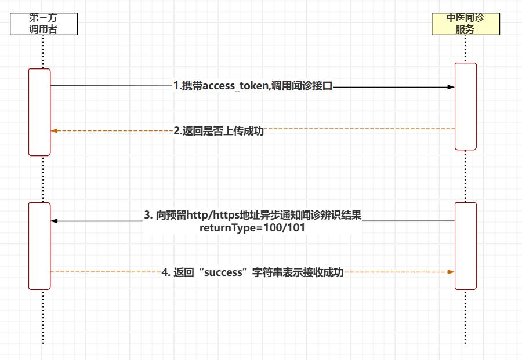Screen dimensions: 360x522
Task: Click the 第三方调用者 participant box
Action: pyautogui.click(x=43, y=24)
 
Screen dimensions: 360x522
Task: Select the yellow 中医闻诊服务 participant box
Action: pyautogui.click(x=465, y=24)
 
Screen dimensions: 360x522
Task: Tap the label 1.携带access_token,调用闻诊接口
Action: pyautogui.click(x=253, y=86)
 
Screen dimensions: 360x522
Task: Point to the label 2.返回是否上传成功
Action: pyautogui.click(x=219, y=131)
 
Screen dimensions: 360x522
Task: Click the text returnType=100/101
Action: pyautogui.click(x=252, y=228)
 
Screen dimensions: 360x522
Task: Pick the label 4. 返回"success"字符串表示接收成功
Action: pyautogui.click(x=252, y=272)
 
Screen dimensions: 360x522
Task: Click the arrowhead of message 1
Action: pyautogui.click(x=451, y=87)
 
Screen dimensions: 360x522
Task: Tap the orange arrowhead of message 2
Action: pyautogui.click(x=55, y=131)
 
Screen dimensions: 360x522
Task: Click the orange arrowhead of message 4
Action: pyautogui.click(x=451, y=271)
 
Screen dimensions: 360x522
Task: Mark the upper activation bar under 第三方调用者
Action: pyautogui.click(x=39, y=112)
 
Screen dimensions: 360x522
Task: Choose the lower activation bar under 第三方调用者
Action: pyautogui.click(x=39, y=246)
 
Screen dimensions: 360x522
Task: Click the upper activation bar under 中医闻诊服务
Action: pyautogui.click(x=466, y=106)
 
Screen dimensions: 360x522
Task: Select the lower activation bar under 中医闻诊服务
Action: pyautogui.click(x=466, y=246)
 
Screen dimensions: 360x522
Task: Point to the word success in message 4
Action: pyautogui.click(x=223, y=272)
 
